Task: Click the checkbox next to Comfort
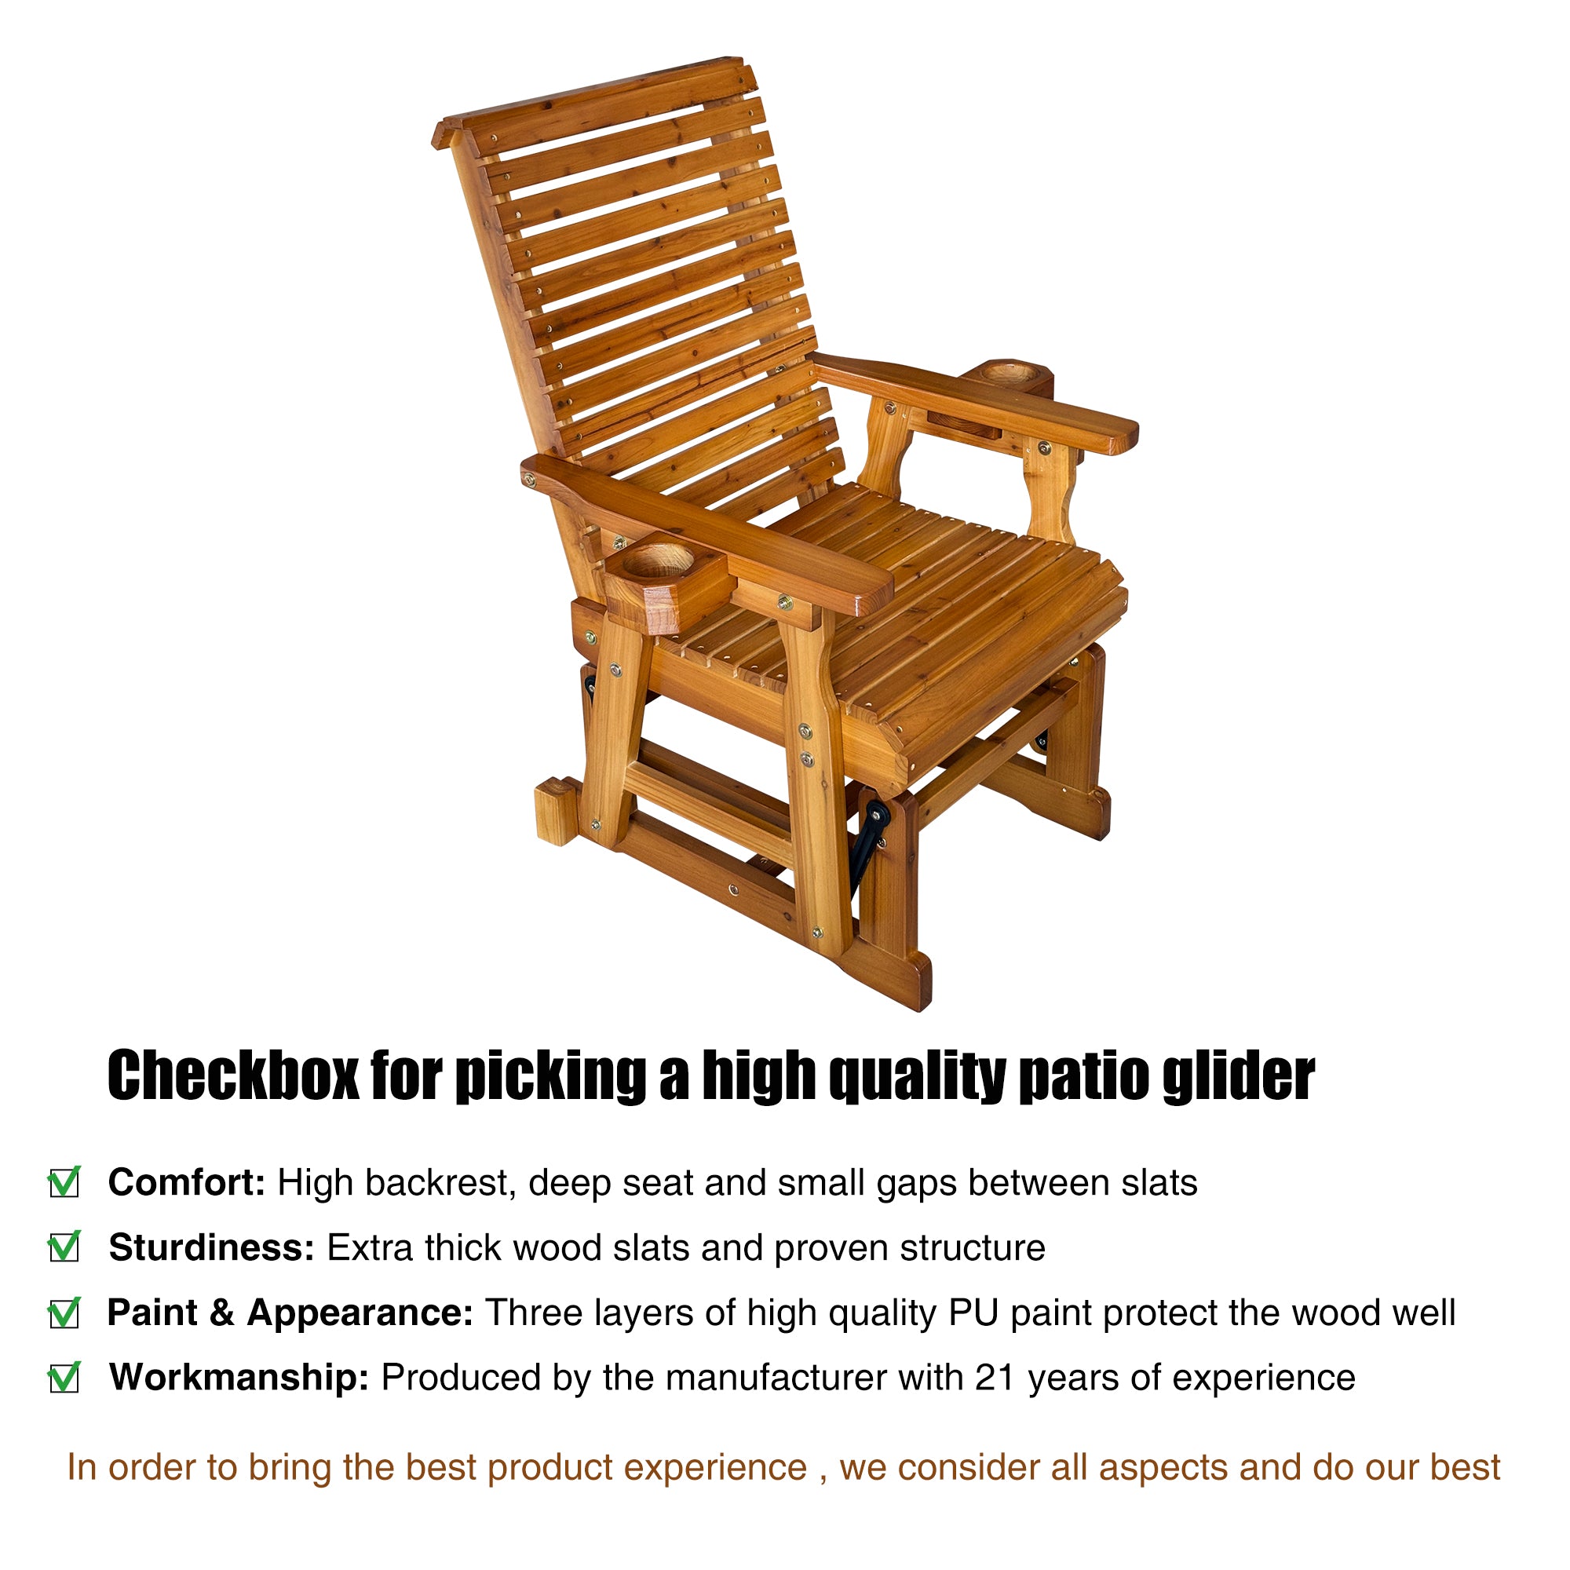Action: point(64,1183)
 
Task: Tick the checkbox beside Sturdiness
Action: point(64,1247)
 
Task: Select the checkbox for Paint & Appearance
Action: point(64,1313)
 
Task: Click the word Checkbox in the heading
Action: point(232,1076)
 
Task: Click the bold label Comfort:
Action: point(187,1183)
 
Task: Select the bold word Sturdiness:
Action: point(211,1248)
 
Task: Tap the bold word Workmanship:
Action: point(239,1378)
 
